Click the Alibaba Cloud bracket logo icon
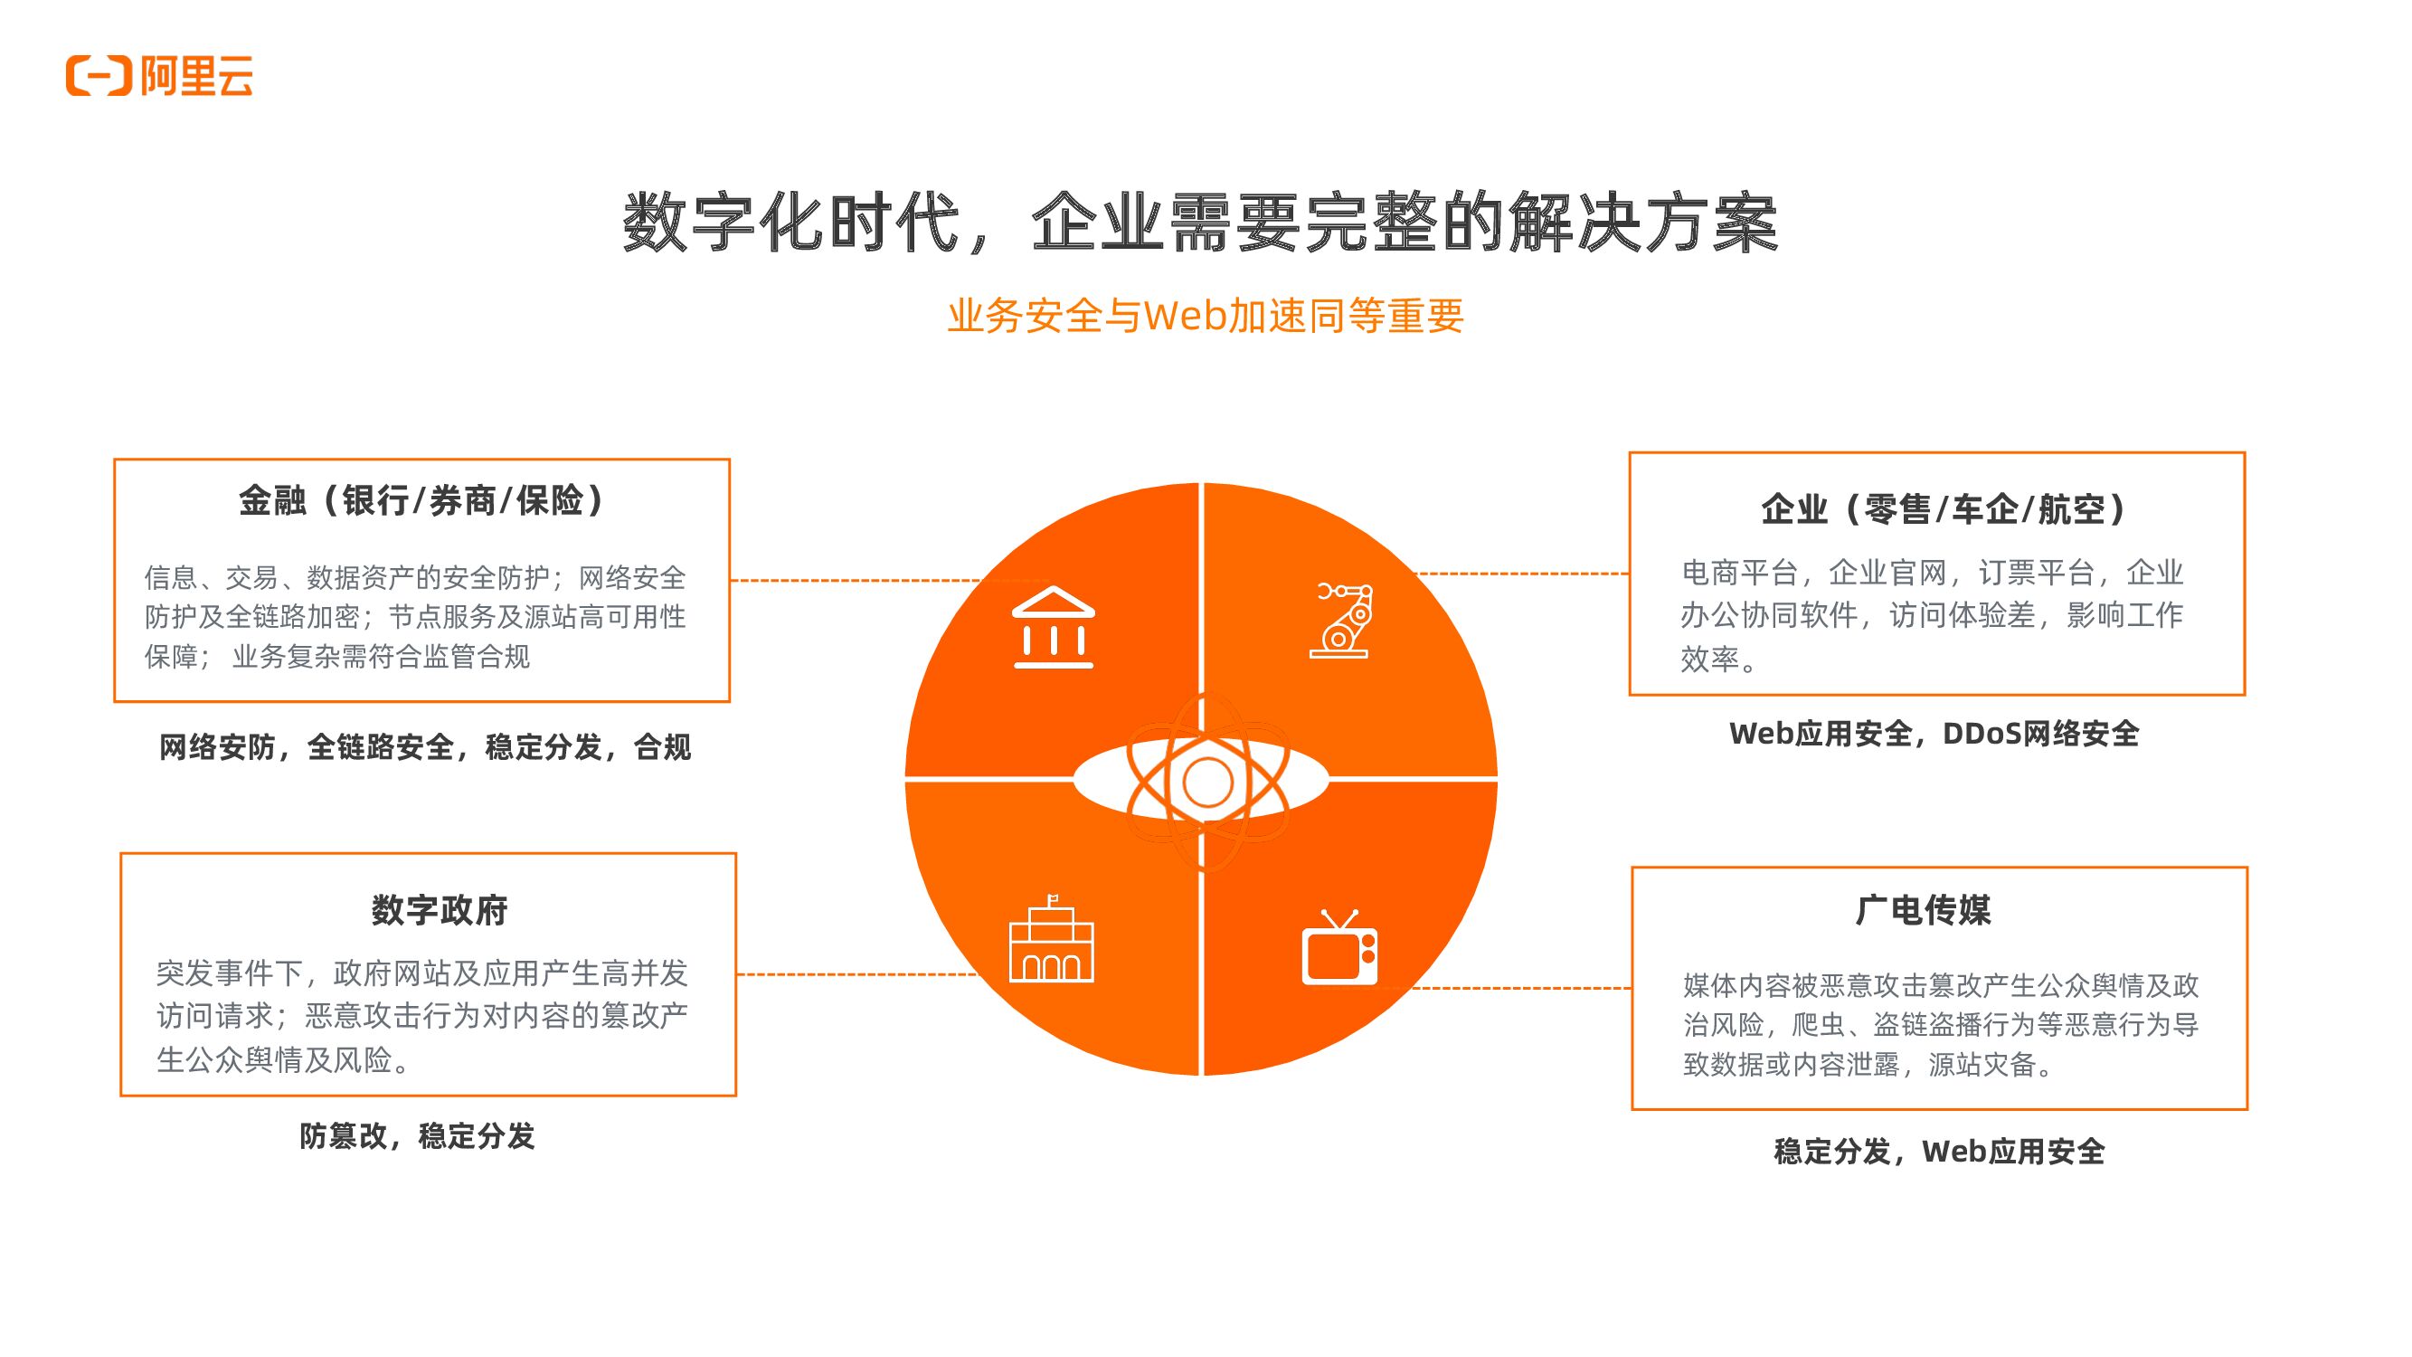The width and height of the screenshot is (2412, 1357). pyautogui.click(x=99, y=76)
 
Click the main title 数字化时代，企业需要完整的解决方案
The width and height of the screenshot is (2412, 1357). pyautogui.click(x=1199, y=223)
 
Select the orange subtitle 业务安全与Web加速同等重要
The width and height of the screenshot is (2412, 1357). pyautogui.click(x=1205, y=317)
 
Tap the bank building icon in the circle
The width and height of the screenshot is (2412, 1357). pyautogui.click(x=1054, y=627)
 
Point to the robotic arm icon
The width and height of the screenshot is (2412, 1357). pyautogui.click(x=1343, y=620)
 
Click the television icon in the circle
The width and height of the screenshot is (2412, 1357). pyautogui.click(x=1340, y=948)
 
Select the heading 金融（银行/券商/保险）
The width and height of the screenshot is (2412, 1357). pyautogui.click(x=421, y=501)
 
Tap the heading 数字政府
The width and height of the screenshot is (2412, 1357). pyautogui.click(x=440, y=909)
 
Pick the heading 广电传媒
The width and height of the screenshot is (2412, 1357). pyautogui.click(x=1924, y=909)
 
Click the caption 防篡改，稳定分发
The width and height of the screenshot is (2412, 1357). pyautogui.click(x=417, y=1136)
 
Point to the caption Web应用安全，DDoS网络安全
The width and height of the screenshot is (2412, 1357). pyautogui.click(x=1934, y=734)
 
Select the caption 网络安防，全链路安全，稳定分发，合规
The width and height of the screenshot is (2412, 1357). pyautogui.click(x=425, y=747)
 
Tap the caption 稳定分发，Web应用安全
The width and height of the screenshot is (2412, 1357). pyautogui.click(x=1939, y=1151)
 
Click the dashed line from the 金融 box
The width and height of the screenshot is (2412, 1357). pyautogui.click(x=852, y=581)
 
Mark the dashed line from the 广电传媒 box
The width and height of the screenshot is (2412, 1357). pyautogui.click(x=1521, y=988)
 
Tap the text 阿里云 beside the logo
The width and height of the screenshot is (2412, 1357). pyautogui.click(x=197, y=76)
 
